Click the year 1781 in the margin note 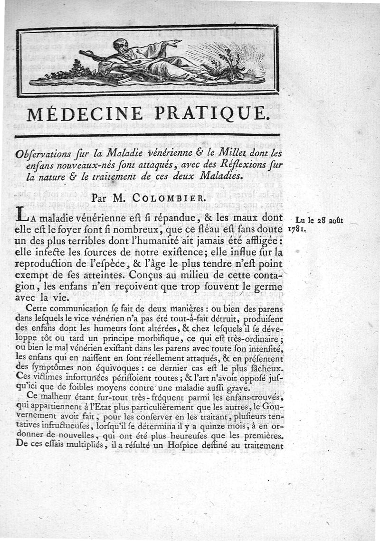point(297,229)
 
